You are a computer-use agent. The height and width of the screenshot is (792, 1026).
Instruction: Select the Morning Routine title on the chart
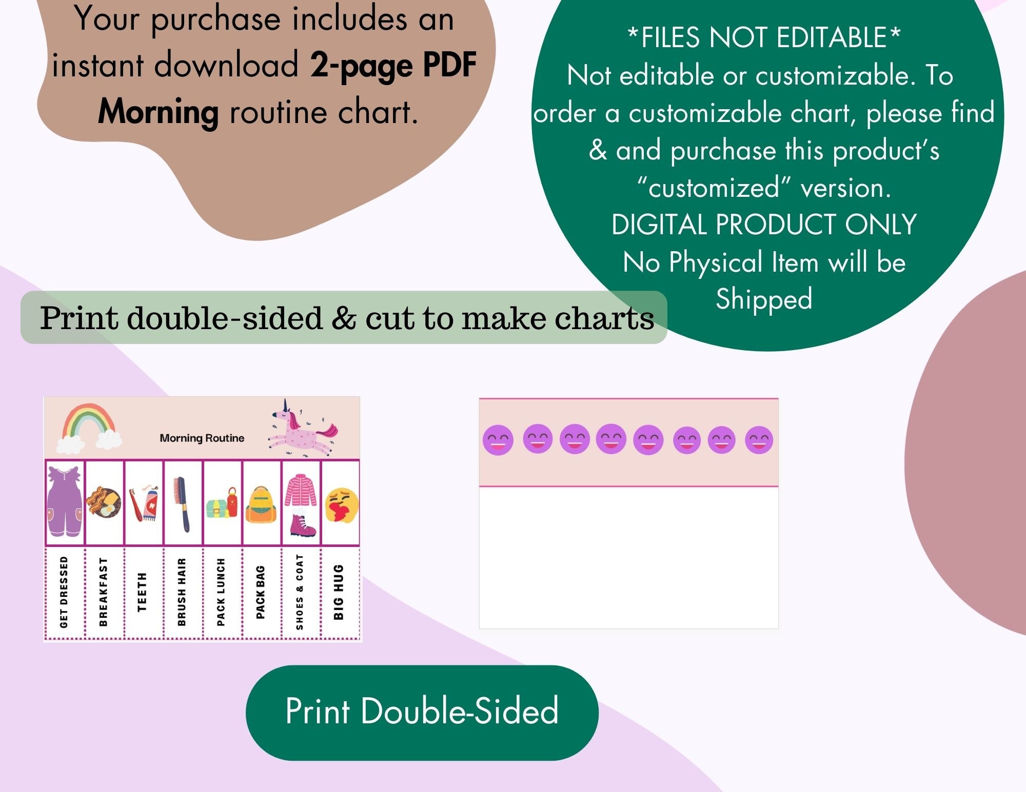[x=202, y=438]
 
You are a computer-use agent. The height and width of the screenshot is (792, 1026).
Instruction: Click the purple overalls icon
[x=65, y=501]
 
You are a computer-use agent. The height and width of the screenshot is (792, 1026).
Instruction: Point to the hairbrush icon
[x=181, y=503]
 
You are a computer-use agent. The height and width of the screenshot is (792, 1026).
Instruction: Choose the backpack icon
[x=261, y=505]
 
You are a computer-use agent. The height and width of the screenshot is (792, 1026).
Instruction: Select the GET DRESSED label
[x=64, y=592]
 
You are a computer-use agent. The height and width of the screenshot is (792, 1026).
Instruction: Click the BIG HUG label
[x=339, y=592]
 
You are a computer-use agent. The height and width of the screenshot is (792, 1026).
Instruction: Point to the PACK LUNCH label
[x=221, y=592]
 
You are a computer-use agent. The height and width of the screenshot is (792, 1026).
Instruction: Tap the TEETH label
[x=142, y=592]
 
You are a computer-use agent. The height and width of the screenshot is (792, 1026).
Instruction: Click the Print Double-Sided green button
[x=422, y=712]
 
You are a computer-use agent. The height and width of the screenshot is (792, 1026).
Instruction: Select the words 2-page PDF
[x=393, y=66]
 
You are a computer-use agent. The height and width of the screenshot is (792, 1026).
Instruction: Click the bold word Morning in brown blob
[x=159, y=112]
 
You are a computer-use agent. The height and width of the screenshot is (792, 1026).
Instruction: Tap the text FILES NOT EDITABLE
[x=764, y=37]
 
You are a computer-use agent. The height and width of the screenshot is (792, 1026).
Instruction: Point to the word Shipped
[x=764, y=299]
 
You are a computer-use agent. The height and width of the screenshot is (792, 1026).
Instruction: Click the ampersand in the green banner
[x=344, y=317]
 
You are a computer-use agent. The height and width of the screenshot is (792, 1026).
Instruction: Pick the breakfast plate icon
[x=104, y=502]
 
